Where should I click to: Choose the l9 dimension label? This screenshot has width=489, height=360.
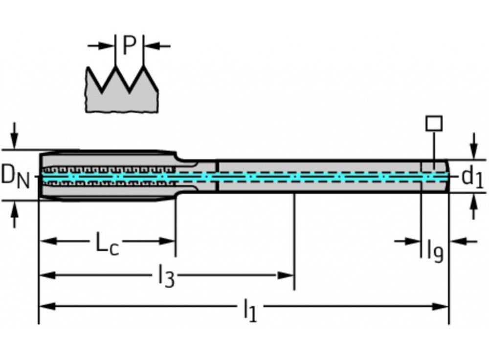[435, 250]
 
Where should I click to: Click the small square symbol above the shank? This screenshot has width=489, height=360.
[434, 123]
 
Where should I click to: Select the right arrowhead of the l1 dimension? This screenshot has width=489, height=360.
[442, 307]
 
